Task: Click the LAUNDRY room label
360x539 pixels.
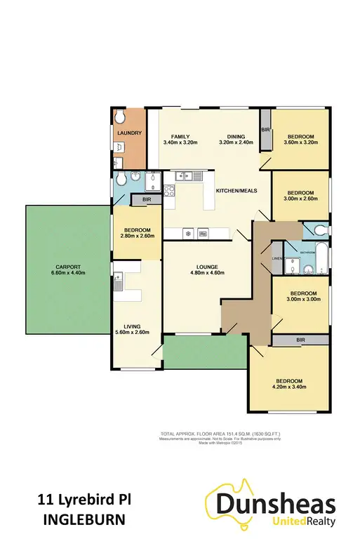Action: click(130, 133)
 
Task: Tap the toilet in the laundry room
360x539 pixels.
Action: click(121, 117)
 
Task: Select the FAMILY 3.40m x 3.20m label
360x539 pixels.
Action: click(176, 139)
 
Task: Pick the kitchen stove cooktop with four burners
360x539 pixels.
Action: click(169, 189)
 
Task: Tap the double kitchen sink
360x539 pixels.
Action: click(189, 174)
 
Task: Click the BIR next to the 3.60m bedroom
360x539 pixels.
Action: click(265, 131)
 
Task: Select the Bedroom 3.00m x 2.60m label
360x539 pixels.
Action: click(299, 195)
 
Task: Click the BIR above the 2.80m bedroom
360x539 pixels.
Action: click(146, 200)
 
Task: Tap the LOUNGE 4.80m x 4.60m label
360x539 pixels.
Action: click(205, 271)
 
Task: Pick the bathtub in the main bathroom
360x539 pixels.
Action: click(320, 258)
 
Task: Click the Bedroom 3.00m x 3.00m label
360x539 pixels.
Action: click(299, 296)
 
